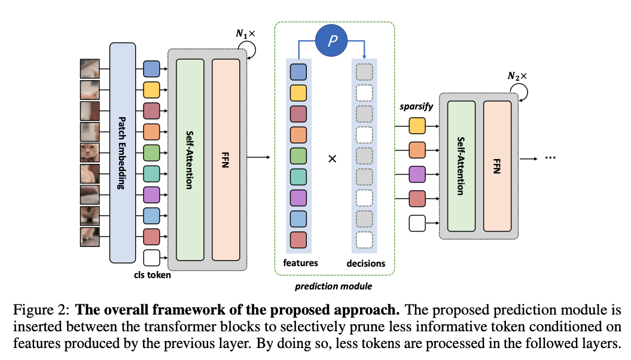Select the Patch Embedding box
click(x=121, y=152)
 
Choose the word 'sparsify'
click(x=416, y=107)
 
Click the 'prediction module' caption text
click(x=333, y=286)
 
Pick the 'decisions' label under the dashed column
click(x=366, y=263)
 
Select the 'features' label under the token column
click(x=300, y=263)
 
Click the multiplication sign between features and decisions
click(x=333, y=159)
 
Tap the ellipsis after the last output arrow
click(x=551, y=159)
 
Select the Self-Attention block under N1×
click(x=191, y=160)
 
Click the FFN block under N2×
click(x=498, y=166)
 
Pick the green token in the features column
click(x=298, y=156)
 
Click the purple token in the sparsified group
click(x=417, y=174)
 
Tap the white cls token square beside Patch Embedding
click(x=152, y=258)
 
